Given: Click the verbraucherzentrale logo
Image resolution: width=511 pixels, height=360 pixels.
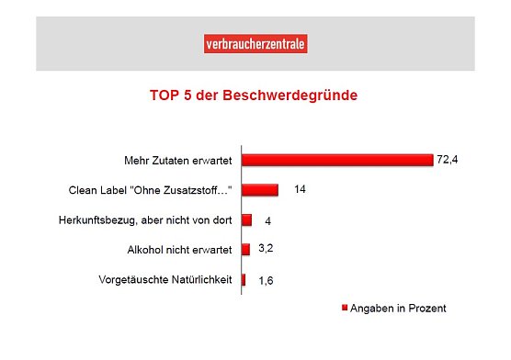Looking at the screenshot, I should click(x=255, y=43).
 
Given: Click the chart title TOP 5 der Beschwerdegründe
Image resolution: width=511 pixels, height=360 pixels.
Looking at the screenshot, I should click(x=254, y=95).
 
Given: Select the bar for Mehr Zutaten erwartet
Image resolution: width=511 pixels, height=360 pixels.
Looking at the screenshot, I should click(x=336, y=160).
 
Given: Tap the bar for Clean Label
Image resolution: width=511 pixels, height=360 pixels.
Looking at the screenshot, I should click(x=260, y=190).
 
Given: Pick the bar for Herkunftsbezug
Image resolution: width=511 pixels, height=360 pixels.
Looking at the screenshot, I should click(x=246, y=220).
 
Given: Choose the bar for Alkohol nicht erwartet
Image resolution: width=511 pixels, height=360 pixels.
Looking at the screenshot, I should click(x=245, y=250).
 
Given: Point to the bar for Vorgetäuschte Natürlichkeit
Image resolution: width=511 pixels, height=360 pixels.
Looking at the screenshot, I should click(x=244, y=280).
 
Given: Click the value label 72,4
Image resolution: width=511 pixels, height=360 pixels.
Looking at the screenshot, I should click(x=447, y=160).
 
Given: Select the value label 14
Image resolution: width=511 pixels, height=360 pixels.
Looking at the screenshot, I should click(x=300, y=190).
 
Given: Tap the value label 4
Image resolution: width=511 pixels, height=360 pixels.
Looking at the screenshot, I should click(x=267, y=220).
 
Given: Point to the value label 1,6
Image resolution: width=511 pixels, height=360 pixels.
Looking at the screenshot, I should click(x=264, y=281).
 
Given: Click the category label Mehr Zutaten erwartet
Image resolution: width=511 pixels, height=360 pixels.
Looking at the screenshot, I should click(x=177, y=160).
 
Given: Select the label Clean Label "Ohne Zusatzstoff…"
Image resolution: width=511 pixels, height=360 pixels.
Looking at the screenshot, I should click(x=150, y=190).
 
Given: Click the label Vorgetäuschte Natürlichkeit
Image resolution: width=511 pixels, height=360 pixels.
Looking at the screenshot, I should click(x=165, y=280).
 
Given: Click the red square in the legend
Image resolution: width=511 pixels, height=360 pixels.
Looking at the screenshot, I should click(x=345, y=309).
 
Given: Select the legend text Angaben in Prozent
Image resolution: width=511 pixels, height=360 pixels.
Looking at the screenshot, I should click(x=398, y=309).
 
